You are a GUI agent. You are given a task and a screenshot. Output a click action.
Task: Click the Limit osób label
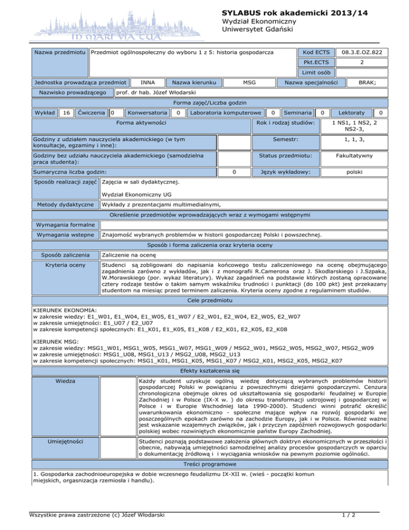click(x=316, y=73)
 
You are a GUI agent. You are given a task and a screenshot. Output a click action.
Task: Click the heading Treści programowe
click(x=204, y=421)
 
